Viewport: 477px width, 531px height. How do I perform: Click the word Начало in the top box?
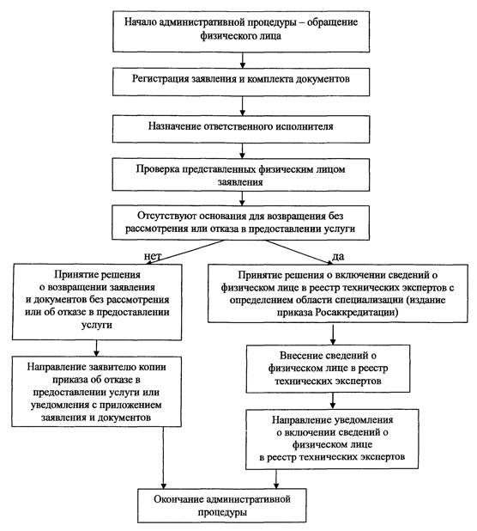(x=141, y=22)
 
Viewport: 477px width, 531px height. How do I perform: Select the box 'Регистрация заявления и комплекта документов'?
(x=241, y=82)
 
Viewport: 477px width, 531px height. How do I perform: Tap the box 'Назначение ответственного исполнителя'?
(x=241, y=129)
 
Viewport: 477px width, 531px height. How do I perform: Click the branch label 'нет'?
(x=153, y=256)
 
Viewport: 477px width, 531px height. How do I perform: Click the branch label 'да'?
(x=338, y=257)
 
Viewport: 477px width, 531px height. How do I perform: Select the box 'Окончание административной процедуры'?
(x=221, y=505)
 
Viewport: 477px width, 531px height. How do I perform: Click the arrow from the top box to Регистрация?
(x=243, y=60)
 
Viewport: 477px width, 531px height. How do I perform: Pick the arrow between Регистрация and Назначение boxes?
(x=243, y=106)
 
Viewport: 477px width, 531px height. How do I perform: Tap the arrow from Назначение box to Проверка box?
(x=243, y=150)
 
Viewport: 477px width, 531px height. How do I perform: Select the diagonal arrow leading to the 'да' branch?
(x=299, y=252)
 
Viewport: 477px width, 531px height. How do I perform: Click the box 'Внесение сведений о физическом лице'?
(x=328, y=369)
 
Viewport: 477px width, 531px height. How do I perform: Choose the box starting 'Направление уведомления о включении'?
(x=332, y=439)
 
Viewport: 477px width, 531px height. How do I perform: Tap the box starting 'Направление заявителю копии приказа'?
(x=96, y=392)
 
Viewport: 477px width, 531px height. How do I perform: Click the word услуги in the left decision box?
(x=97, y=325)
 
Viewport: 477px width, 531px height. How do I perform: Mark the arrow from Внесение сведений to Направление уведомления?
(x=333, y=401)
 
